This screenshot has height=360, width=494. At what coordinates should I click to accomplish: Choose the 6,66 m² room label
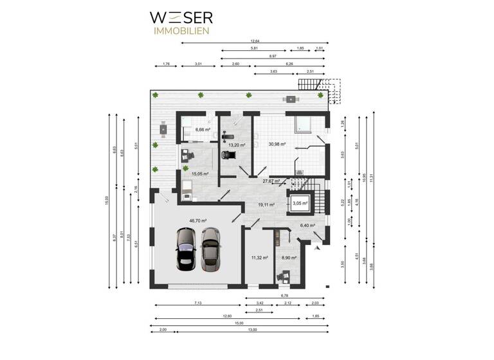point(203,129)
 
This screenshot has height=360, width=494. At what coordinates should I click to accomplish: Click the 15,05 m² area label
point(199,174)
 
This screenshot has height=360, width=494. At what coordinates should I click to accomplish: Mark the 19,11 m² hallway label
point(266,204)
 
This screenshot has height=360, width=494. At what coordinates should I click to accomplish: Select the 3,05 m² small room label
point(300,204)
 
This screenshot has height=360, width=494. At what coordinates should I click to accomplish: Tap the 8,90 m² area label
point(289,258)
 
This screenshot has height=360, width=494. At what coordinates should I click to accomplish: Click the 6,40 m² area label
point(309,226)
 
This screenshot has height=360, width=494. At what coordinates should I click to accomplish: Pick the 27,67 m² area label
point(271,181)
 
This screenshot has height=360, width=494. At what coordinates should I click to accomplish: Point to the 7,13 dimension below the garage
point(198,302)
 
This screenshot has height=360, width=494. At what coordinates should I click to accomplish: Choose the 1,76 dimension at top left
point(166,64)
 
